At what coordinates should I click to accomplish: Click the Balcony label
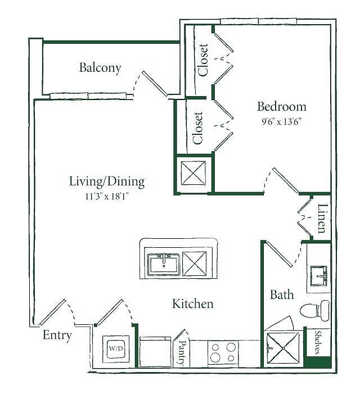tap(100, 68)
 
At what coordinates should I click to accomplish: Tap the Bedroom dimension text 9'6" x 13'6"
tap(282, 122)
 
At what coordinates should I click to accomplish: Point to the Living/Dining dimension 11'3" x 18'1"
tap(107, 197)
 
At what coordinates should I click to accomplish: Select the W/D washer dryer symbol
tap(116, 349)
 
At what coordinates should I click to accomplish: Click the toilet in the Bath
tap(315, 310)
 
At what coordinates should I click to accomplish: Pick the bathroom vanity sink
tap(318, 276)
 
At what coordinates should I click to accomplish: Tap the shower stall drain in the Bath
tap(283, 348)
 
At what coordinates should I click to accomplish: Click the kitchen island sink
tap(164, 265)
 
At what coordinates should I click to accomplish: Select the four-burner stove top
tap(223, 353)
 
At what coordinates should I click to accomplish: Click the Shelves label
tap(317, 342)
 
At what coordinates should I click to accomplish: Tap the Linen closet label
tap(322, 219)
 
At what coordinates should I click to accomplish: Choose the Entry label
tap(57, 335)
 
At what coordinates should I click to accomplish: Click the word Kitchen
tap(193, 304)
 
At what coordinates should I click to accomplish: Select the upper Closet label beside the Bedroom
tap(203, 60)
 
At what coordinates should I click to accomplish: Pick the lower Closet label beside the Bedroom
tap(198, 128)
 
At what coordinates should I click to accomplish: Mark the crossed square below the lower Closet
tap(193, 173)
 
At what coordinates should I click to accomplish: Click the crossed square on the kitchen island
tap(195, 264)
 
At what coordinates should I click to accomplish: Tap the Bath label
tap(282, 294)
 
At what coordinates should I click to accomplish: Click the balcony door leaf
tap(155, 84)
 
